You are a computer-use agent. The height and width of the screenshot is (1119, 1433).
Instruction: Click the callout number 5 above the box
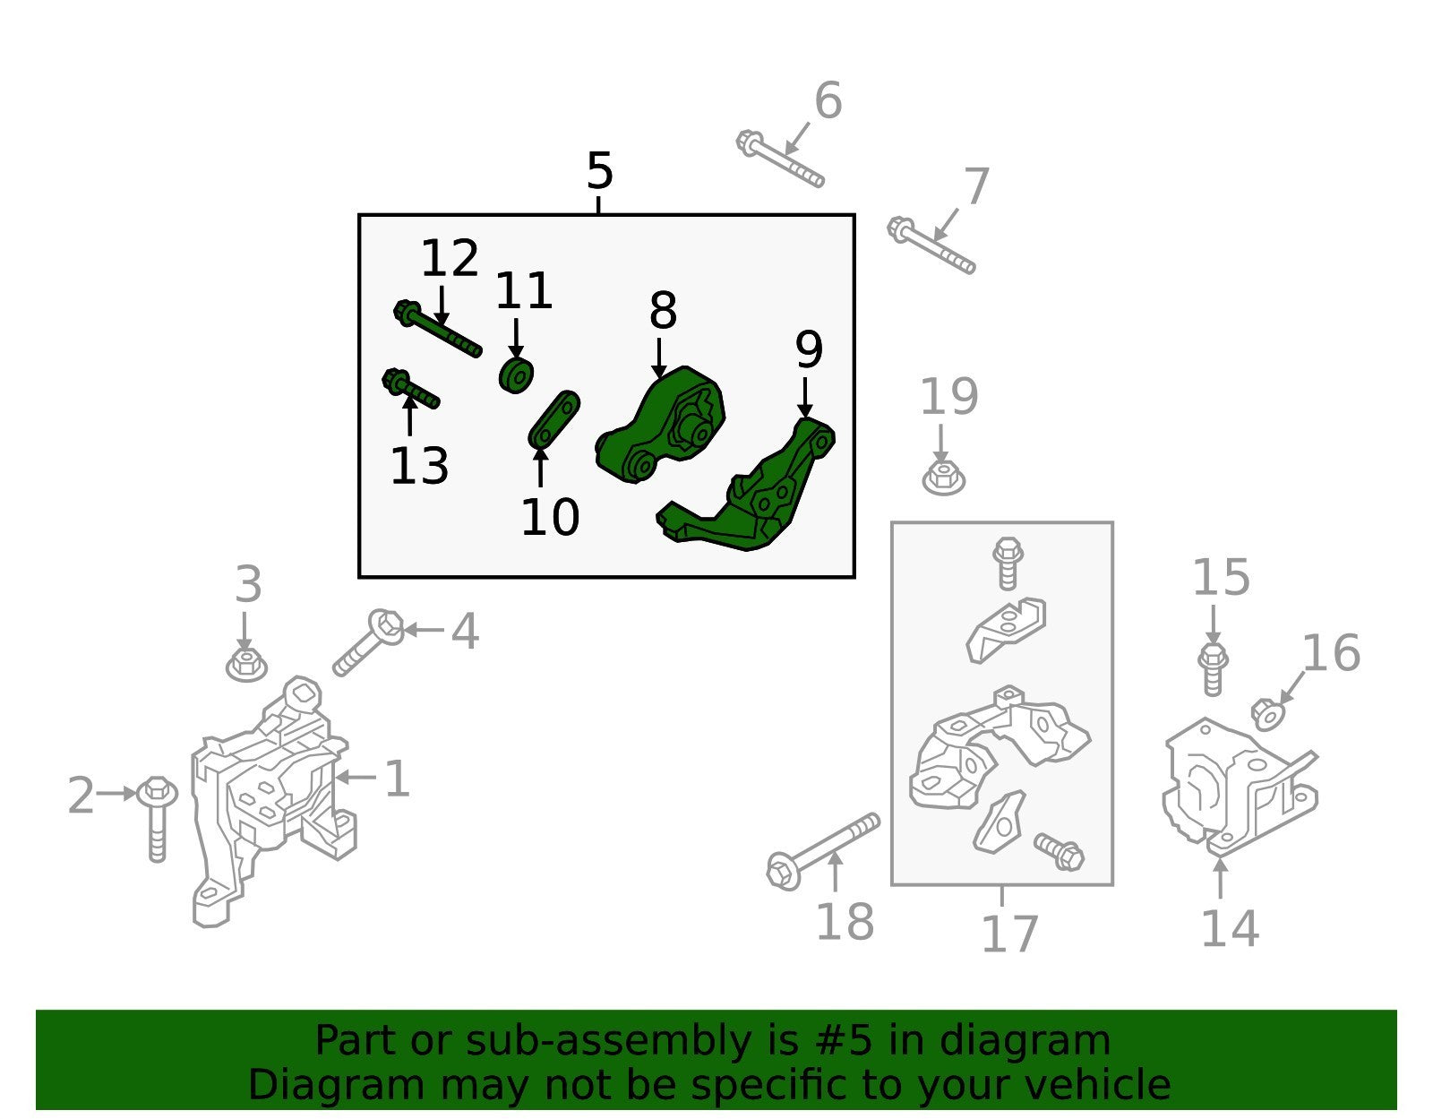(x=599, y=171)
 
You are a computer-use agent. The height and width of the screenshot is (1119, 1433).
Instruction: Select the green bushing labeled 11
(x=516, y=376)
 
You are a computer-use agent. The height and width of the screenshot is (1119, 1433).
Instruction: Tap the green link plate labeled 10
(x=553, y=419)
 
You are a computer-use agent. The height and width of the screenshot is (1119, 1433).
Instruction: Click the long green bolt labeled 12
(x=437, y=329)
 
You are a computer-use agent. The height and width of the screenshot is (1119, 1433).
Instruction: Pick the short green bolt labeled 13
(x=410, y=389)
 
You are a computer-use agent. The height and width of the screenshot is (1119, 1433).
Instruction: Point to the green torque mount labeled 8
(x=660, y=424)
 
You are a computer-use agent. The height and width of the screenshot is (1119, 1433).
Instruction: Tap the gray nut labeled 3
(x=246, y=664)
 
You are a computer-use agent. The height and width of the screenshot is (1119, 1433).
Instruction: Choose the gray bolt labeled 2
(x=157, y=818)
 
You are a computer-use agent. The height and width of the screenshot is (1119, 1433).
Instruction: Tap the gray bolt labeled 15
(x=1213, y=668)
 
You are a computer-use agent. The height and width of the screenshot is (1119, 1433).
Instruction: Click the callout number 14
(x=1231, y=929)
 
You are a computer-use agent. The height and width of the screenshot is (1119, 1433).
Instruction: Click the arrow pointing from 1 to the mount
(x=356, y=778)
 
